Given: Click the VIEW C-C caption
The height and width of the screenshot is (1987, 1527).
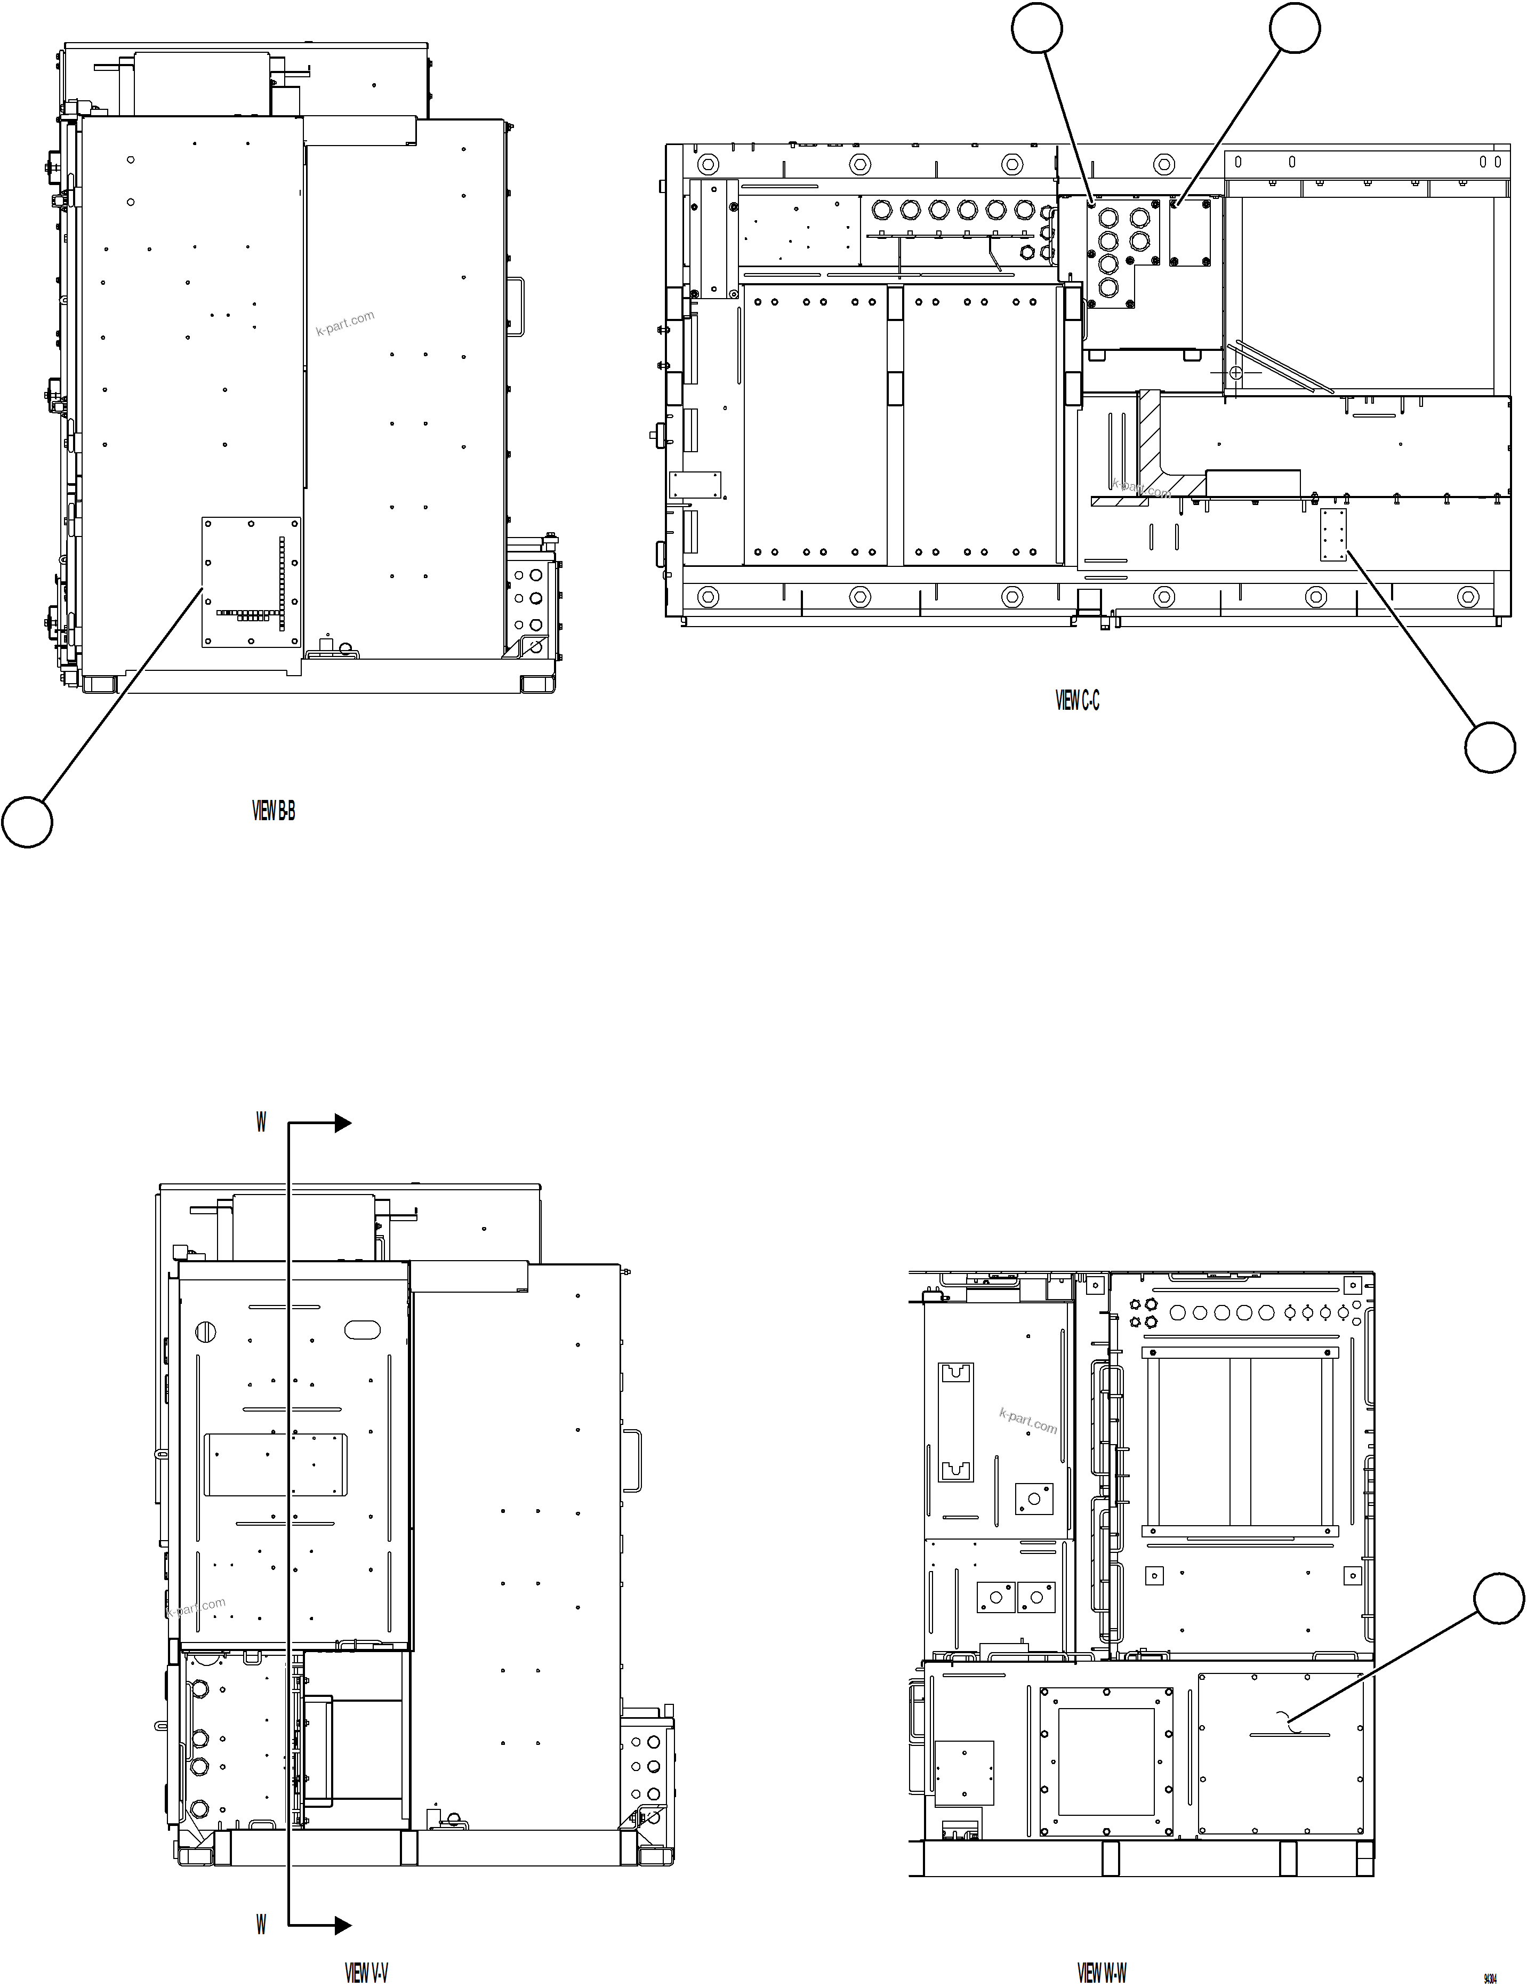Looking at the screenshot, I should [x=1077, y=700].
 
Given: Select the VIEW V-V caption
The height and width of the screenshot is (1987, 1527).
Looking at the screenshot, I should [x=366, y=1948].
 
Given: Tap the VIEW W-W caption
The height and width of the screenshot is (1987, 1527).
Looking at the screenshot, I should [x=1102, y=1948].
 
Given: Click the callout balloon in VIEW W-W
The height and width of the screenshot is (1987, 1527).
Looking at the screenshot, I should [x=1498, y=1597].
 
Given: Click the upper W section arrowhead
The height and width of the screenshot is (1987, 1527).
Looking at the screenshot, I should [x=343, y=1124].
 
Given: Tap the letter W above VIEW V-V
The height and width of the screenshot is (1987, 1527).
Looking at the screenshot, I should [x=261, y=1123].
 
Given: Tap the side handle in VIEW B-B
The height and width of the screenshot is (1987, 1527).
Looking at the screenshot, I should [x=516, y=306].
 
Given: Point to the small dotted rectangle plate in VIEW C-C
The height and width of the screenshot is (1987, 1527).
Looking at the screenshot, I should [x=1333, y=535].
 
